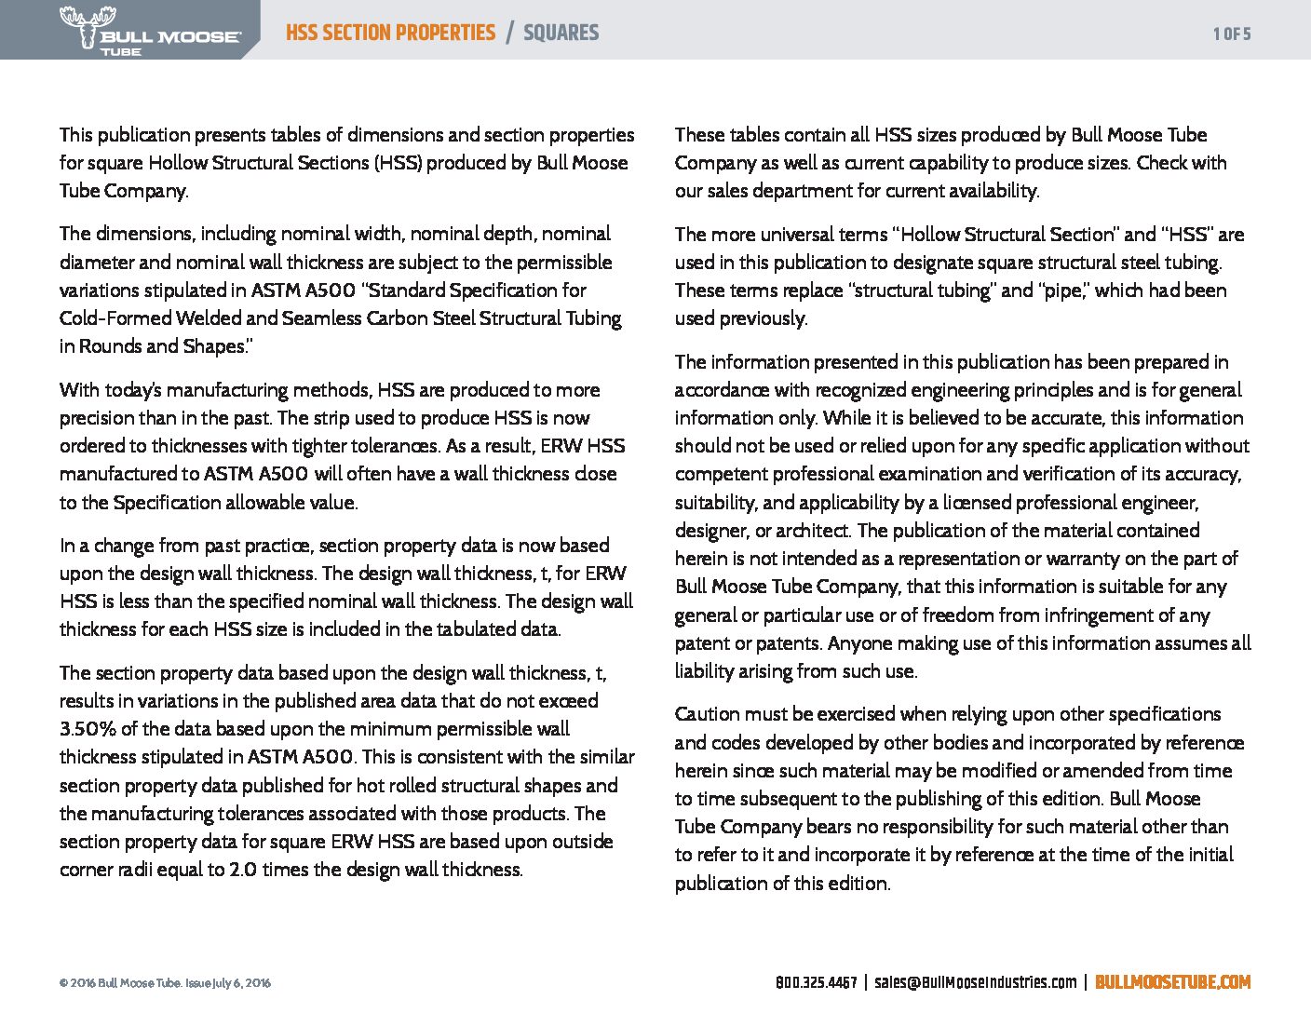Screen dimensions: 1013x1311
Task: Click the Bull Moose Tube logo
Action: click(149, 31)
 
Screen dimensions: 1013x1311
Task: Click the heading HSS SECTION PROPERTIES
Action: click(390, 33)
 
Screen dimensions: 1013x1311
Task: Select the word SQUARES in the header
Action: click(561, 33)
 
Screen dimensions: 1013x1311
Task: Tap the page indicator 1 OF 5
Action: click(1232, 34)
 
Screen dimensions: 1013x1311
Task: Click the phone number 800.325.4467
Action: click(816, 982)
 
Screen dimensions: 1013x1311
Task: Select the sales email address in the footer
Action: click(975, 982)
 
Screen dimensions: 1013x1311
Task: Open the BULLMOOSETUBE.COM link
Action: click(1172, 982)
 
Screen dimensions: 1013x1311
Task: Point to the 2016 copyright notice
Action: click(165, 983)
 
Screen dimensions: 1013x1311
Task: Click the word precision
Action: click(101, 418)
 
